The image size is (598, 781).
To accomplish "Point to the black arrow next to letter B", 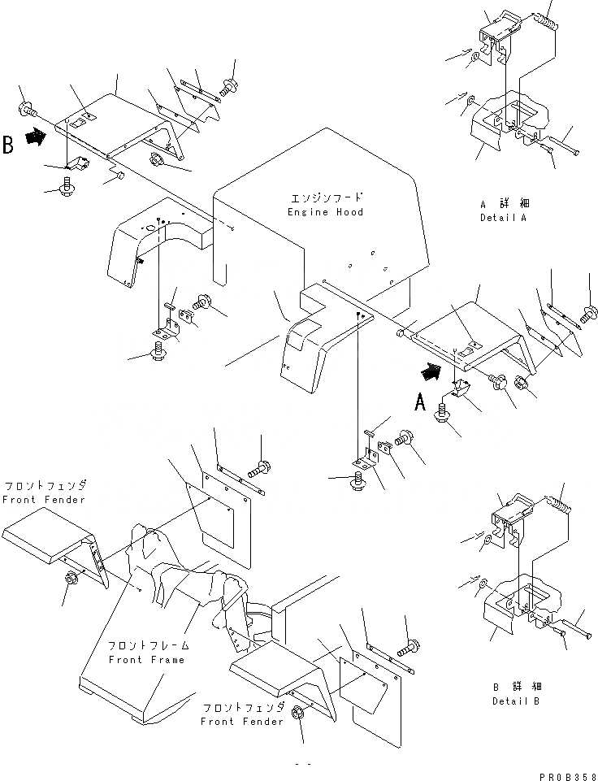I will coord(35,139).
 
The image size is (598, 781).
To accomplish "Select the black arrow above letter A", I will coord(431,372).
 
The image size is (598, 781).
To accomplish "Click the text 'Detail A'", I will coord(503,219).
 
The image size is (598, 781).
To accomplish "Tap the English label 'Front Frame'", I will coord(146,660).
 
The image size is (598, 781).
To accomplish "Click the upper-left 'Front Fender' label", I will coord(44,499).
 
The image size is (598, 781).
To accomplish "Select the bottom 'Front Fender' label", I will coord(242,721).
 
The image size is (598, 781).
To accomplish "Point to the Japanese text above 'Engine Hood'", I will coord(327,198).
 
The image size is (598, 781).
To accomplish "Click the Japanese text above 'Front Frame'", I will coord(149,646).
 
